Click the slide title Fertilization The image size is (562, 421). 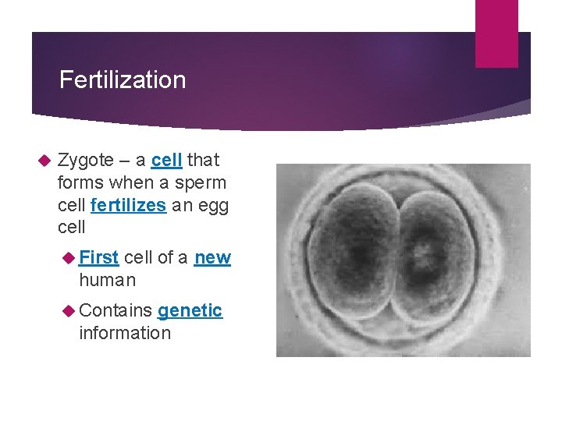click(123, 80)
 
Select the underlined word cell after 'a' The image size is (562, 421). click(166, 161)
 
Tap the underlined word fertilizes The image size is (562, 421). click(128, 206)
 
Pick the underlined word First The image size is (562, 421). click(99, 257)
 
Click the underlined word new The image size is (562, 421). click(212, 257)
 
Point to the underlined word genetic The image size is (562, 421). click(190, 310)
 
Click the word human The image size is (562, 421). click(107, 280)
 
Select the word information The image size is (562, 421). click(125, 333)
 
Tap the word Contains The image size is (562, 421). click(115, 310)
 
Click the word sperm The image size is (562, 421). click(201, 183)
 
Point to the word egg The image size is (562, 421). click(211, 206)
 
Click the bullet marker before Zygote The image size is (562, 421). click(44, 161)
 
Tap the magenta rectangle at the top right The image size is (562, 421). click(496, 33)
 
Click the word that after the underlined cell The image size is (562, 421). click(204, 161)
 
